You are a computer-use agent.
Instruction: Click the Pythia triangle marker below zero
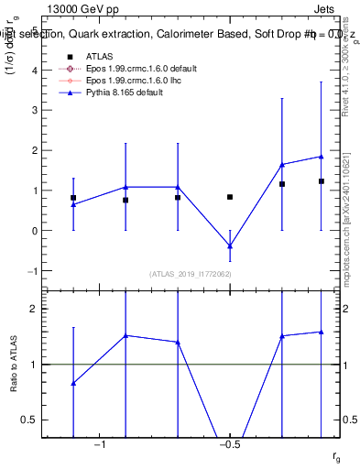pyautogui.click(x=230, y=246)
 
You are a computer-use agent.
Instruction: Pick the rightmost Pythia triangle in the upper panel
pyautogui.click(x=322, y=157)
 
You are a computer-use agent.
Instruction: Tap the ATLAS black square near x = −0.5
pyautogui.click(x=230, y=197)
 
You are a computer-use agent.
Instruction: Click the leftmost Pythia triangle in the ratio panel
pyautogui.click(x=73, y=383)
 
